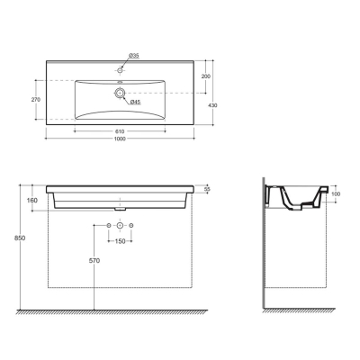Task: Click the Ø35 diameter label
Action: [x=134, y=56]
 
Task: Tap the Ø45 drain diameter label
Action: [x=136, y=103]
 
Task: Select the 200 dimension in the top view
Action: [x=206, y=76]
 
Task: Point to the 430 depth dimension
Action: [x=213, y=105]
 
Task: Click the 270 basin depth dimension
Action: [x=36, y=100]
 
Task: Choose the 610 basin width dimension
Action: [x=120, y=131]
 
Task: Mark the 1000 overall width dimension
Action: [x=120, y=139]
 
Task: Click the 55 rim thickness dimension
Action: [x=207, y=189]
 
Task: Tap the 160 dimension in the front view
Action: [x=32, y=200]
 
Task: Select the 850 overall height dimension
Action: [x=21, y=238]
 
